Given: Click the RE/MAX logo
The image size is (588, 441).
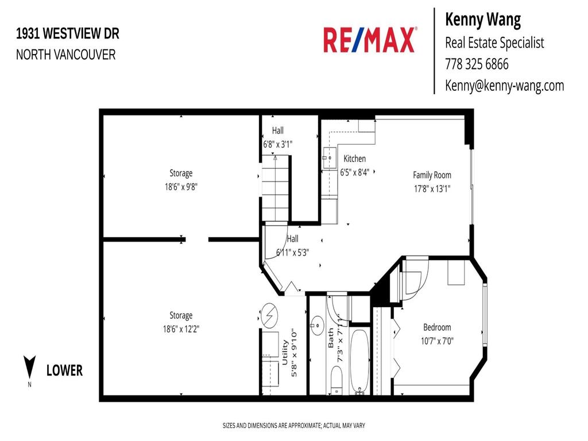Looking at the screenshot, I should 370,40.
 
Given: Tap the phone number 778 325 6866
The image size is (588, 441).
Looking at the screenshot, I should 477,64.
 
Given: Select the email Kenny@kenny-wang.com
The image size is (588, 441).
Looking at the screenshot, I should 504,86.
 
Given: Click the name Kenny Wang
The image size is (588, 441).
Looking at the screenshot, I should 483,20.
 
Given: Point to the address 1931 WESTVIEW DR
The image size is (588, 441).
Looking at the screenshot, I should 68,34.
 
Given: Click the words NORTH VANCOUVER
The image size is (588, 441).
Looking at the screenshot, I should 65,55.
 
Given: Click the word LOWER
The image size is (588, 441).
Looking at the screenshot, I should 64,370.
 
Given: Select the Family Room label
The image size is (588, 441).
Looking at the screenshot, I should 432,175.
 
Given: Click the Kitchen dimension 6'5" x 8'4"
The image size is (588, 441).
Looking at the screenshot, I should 354,171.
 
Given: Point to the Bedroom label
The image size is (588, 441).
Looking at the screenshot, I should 437,327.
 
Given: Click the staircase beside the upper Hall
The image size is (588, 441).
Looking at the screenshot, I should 276,189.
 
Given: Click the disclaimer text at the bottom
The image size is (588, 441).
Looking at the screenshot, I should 293,425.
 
